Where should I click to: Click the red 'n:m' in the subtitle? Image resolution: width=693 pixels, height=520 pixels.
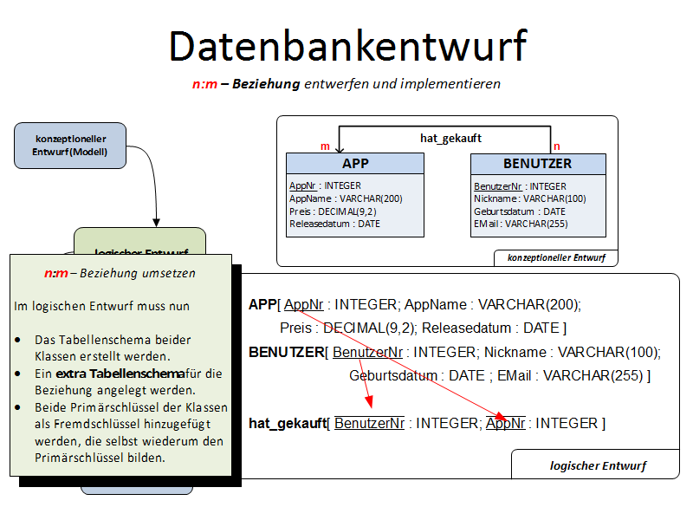204,84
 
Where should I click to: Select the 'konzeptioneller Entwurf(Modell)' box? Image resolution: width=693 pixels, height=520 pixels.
70,146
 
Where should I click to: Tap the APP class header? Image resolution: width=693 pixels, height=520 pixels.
355,164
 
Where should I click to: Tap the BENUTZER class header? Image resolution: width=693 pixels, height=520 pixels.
537,164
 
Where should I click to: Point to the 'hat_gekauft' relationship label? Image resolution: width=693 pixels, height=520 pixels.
450,138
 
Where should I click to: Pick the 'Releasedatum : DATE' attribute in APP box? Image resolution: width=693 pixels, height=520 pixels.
334,224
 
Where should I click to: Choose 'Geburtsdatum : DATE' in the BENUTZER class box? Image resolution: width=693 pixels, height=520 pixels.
520,211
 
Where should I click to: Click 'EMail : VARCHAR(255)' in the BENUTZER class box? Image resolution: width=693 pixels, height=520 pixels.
519,224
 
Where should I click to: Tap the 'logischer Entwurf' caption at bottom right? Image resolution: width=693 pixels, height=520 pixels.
598,465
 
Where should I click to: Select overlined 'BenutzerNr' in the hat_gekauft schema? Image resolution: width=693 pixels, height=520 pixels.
370,423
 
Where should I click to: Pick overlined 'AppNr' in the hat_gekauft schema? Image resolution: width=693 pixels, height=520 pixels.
506,423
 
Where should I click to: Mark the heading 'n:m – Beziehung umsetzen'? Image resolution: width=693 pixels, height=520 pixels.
120,273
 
